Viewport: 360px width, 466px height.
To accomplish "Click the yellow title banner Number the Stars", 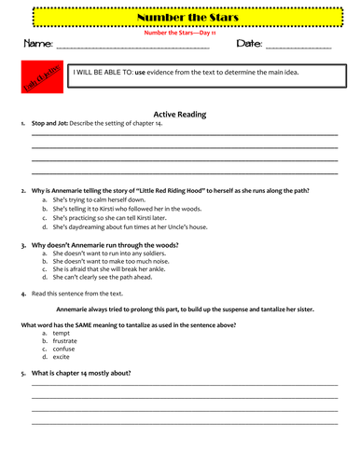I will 179,17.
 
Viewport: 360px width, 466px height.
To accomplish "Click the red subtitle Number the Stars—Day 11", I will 179,31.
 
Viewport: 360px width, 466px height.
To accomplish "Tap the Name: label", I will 36,44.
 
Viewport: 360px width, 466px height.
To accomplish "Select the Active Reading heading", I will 180,114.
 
